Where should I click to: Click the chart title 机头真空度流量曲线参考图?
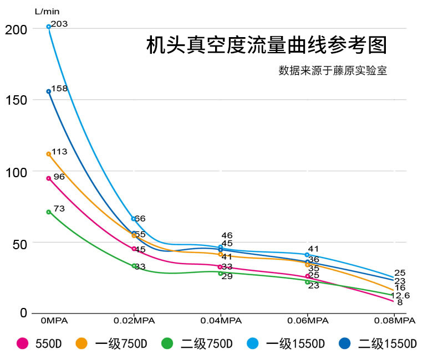266,46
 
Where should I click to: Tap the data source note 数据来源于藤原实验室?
333,71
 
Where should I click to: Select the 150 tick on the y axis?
15,100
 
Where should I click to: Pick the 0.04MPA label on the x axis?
221,320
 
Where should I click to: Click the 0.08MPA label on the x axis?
394,320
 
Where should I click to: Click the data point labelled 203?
49,27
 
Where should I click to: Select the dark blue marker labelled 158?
49,91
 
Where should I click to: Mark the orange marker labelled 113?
49,154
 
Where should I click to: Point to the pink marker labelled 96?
49,178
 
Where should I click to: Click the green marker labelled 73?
49,212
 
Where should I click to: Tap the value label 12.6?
400,296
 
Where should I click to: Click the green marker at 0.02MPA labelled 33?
134,266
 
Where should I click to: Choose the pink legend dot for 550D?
23,343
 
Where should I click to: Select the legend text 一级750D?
121,343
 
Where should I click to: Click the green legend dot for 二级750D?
167,343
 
